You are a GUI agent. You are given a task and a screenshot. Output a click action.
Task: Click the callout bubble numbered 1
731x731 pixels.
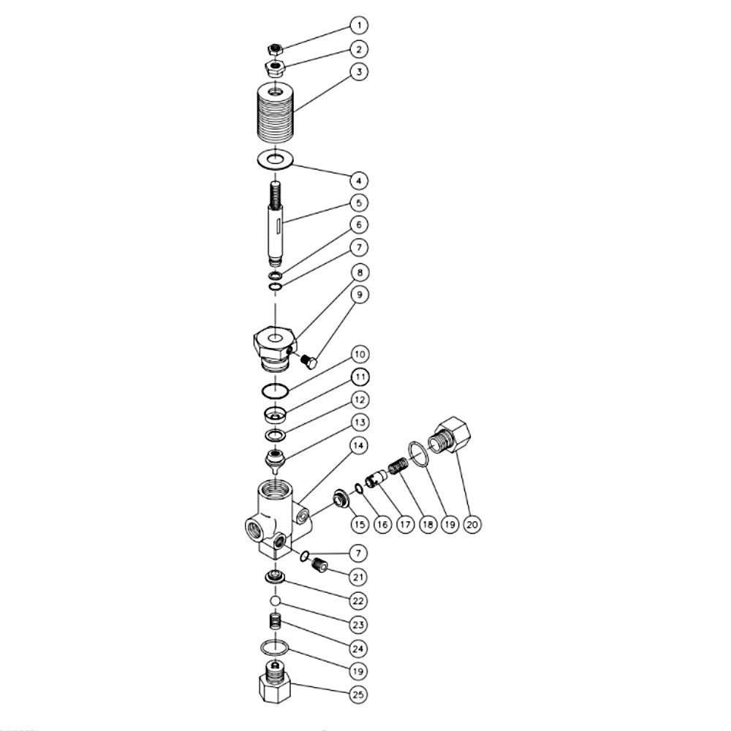[358, 26]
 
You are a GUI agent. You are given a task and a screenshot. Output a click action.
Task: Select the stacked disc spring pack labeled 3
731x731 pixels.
[276, 115]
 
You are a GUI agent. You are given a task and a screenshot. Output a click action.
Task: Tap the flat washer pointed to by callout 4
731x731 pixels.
[276, 159]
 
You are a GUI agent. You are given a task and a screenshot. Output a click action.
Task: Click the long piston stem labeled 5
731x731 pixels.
[276, 223]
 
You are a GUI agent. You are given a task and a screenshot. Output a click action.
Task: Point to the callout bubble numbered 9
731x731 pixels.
[358, 295]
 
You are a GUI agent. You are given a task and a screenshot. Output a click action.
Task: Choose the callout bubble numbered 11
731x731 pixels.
[358, 377]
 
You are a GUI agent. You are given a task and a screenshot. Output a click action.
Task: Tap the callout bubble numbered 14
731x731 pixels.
[358, 445]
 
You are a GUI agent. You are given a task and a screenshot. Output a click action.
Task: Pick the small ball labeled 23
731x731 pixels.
[275, 600]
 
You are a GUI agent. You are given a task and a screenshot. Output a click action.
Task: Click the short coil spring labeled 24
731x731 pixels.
[276, 624]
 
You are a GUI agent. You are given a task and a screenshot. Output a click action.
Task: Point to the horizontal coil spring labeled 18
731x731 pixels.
[398, 466]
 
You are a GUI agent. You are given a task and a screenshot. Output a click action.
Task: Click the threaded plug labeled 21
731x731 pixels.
[316, 564]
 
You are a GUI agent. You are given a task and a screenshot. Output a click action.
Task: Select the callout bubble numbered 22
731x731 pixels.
[358, 600]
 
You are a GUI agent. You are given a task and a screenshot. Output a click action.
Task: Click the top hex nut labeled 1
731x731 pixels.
[275, 50]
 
